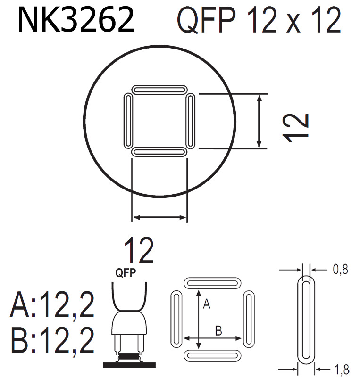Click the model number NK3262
coord(76,20)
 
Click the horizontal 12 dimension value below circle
coord(139,251)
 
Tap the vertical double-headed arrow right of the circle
coord(259,121)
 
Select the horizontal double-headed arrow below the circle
coord(159,217)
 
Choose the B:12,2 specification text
coord(52,341)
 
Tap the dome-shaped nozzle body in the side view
coord(128,323)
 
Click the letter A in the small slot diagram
coord(206,305)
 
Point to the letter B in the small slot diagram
coord(218,331)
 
